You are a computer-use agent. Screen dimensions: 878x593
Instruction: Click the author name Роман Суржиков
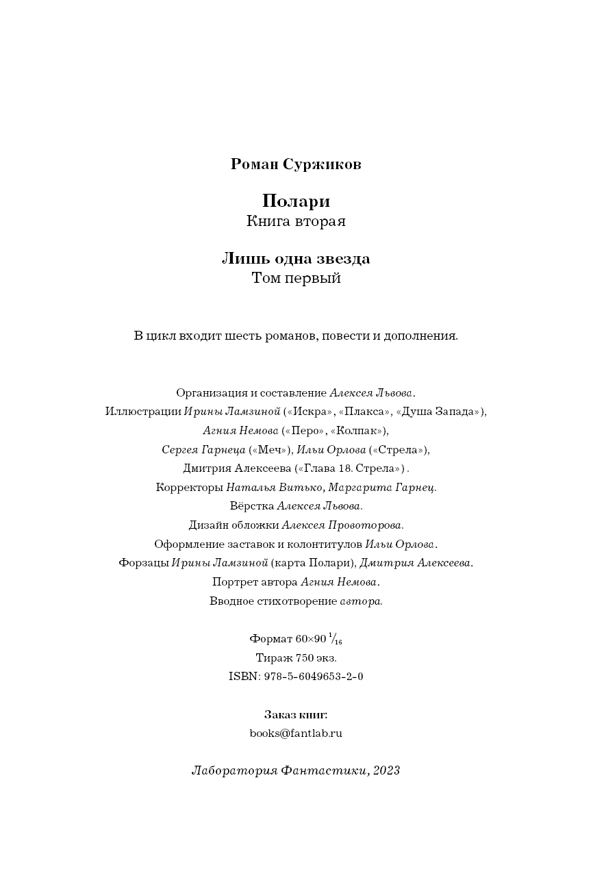(296, 164)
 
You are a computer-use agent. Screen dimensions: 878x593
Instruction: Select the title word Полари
(296, 201)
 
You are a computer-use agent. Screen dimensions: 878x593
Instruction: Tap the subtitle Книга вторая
(296, 221)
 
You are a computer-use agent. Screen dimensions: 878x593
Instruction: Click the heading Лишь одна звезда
(296, 259)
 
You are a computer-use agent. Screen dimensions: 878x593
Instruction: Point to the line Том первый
(296, 279)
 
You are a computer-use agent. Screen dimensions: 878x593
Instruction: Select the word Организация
(211, 393)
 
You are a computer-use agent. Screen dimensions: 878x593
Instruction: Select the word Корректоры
(189, 488)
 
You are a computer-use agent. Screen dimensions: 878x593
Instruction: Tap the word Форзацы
(143, 563)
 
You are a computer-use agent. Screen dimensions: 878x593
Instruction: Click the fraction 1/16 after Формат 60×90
(336, 639)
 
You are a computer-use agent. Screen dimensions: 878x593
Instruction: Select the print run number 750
(305, 658)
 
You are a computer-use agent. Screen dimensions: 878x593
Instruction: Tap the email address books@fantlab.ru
(296, 733)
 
